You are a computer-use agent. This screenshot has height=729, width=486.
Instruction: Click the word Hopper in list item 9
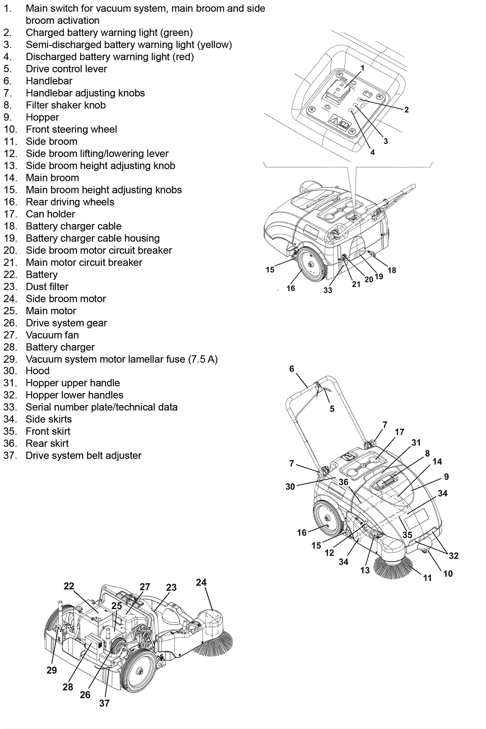click(x=42, y=117)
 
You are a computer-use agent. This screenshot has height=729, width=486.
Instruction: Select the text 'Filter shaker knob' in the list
click(x=65, y=105)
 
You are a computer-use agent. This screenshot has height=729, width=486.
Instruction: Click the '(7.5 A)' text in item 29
click(x=203, y=359)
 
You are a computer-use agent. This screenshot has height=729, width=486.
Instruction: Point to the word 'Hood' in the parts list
click(x=37, y=371)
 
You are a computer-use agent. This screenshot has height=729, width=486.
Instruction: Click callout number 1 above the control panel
click(x=362, y=68)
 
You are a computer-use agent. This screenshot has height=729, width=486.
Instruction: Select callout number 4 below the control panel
click(x=373, y=152)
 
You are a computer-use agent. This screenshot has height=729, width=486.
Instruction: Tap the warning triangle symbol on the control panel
click(x=334, y=120)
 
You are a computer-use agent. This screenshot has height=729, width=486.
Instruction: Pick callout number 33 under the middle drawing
click(x=328, y=290)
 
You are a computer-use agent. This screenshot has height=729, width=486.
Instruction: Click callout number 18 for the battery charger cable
click(x=392, y=270)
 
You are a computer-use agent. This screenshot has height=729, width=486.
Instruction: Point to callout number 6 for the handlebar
click(x=292, y=369)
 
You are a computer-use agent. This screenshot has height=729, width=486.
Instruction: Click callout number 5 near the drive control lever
click(x=332, y=409)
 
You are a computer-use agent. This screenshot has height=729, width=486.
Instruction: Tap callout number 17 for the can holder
click(x=399, y=432)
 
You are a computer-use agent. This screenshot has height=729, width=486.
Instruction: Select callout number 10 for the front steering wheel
click(x=448, y=574)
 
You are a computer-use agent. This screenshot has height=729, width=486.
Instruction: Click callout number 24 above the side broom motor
click(x=201, y=582)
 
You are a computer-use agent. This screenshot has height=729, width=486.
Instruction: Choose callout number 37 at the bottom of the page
click(x=104, y=703)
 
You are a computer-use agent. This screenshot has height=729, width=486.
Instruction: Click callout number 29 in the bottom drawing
click(x=52, y=670)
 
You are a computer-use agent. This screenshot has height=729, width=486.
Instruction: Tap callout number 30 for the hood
click(x=290, y=487)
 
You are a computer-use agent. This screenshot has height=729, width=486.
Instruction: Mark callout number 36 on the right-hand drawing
click(x=344, y=482)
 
